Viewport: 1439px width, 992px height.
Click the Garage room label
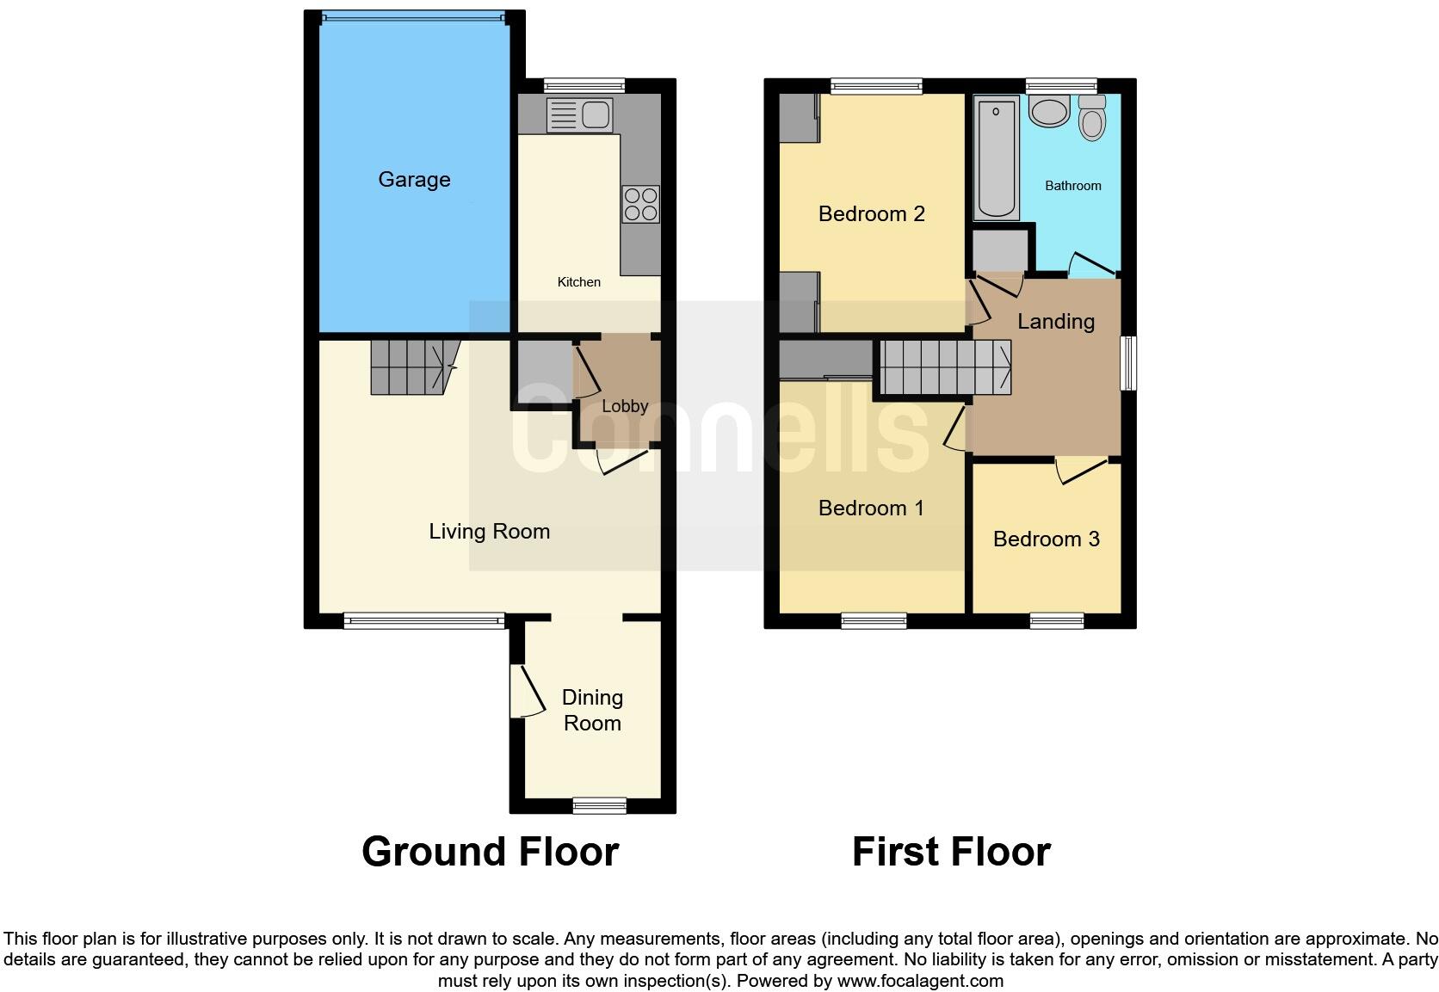(x=414, y=180)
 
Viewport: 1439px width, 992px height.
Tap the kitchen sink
(x=579, y=115)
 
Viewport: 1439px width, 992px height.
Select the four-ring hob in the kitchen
(x=640, y=204)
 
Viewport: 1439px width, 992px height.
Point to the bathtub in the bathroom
(x=997, y=158)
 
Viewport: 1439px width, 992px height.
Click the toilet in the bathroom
(x=1092, y=118)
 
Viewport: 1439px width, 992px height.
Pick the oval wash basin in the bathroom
(x=1050, y=111)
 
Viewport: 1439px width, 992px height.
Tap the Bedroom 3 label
(x=1047, y=539)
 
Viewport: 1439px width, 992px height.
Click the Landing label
(x=1056, y=322)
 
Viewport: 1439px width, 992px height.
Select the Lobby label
(x=625, y=406)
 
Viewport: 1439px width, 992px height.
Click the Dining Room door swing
(x=528, y=691)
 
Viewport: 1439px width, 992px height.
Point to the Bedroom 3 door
(x=1083, y=471)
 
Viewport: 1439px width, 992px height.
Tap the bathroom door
(x=1092, y=265)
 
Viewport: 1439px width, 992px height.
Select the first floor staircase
(x=945, y=367)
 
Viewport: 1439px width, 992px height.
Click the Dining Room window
(x=599, y=805)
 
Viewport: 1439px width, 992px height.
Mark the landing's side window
(x=1128, y=363)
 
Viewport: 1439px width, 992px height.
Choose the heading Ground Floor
(x=491, y=852)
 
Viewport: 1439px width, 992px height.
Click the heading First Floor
(x=951, y=852)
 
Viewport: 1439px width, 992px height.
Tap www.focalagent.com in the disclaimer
(x=920, y=981)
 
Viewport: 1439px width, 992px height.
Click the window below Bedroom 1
(x=874, y=621)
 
